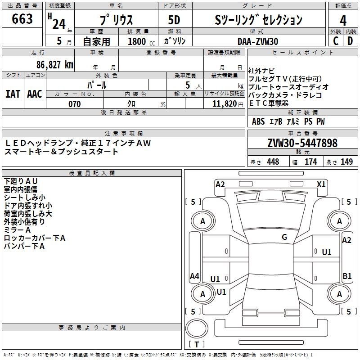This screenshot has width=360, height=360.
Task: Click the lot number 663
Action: [x=22, y=19]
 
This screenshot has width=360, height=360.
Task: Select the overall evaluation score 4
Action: [x=343, y=20]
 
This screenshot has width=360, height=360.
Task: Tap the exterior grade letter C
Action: [x=335, y=40]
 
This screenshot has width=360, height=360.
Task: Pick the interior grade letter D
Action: [x=350, y=40]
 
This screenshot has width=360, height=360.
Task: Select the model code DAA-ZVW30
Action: [x=258, y=41]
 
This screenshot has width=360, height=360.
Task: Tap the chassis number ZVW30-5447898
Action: [x=302, y=143]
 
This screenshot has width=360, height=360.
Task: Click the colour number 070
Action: [x=74, y=104]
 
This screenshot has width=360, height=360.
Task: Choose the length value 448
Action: [x=273, y=162]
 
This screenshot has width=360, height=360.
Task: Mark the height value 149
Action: [x=346, y=162]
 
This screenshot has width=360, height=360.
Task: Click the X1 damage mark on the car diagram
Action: [x=321, y=184]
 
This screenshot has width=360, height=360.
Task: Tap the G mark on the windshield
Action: [x=284, y=237]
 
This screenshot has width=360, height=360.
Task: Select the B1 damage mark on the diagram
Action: [x=347, y=276]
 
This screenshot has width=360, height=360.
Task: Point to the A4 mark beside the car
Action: [x=194, y=276]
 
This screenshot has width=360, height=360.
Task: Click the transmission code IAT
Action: [x=13, y=94]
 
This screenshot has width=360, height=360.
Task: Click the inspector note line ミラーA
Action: [x=18, y=229]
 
